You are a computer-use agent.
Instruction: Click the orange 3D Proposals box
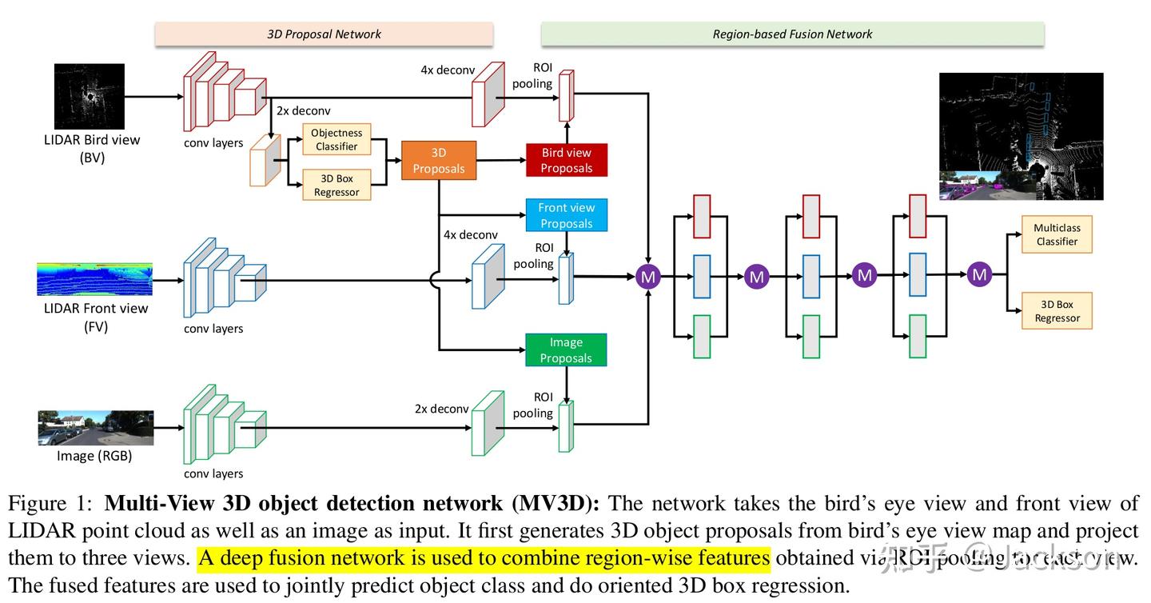tap(438, 161)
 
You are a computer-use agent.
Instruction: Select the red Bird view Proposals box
tap(566, 160)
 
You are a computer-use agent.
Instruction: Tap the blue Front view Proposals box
tap(566, 215)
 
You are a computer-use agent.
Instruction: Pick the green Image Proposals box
tap(566, 349)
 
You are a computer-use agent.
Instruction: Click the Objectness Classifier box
tap(337, 139)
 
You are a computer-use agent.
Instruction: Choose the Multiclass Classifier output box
tap(1057, 234)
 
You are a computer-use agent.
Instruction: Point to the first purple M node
tap(648, 277)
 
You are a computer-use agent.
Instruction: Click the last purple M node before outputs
tap(979, 275)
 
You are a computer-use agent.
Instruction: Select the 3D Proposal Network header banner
tap(324, 34)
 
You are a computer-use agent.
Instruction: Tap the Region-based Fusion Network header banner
tap(792, 34)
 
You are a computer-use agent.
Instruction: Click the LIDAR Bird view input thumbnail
tap(90, 97)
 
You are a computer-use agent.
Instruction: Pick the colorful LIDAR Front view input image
tap(94, 279)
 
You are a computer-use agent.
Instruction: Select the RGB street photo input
tap(94, 428)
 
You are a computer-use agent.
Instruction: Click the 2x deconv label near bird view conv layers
tap(303, 110)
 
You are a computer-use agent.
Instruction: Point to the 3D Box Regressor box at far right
tap(1057, 311)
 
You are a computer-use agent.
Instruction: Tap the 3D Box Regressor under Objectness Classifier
tap(337, 185)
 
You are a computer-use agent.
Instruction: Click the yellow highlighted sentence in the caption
tap(484, 557)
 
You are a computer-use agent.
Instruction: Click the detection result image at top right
tap(1021, 136)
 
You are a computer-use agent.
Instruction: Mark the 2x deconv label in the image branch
tap(441, 409)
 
